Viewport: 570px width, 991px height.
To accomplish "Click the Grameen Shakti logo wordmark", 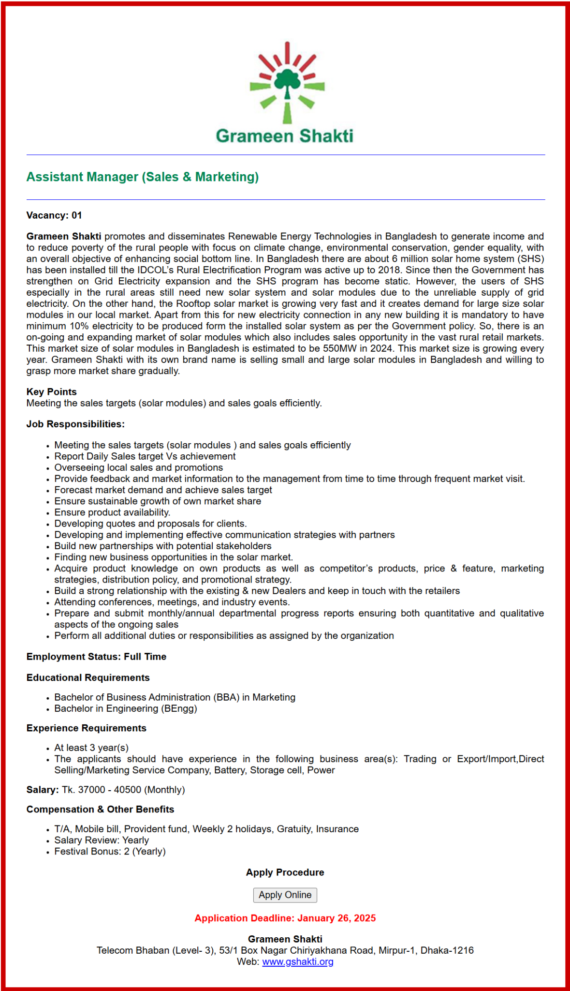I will (284, 136).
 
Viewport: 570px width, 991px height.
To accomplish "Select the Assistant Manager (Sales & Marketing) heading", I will (143, 177).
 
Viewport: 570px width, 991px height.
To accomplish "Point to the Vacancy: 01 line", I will (54, 215).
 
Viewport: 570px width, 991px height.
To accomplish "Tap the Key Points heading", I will (52, 392).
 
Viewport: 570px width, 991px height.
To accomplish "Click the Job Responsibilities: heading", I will (75, 424).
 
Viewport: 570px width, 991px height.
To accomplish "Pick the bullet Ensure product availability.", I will (112, 512).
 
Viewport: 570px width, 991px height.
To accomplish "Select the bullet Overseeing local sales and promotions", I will (139, 468).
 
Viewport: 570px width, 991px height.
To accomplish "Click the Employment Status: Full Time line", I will (96, 657).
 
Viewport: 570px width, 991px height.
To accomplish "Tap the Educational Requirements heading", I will (88, 678).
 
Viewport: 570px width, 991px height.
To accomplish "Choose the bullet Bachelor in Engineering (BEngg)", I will (126, 709).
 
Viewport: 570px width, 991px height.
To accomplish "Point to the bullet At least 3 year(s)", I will (91, 748).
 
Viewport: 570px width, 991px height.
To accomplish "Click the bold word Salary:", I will (43, 790).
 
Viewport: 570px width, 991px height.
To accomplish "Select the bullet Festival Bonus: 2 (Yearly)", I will (110, 852).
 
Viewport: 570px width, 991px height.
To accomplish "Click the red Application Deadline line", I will (285, 918).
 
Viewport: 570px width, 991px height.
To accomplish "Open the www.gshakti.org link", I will (298, 962).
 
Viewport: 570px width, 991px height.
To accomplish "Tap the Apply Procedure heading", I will (285, 872).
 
